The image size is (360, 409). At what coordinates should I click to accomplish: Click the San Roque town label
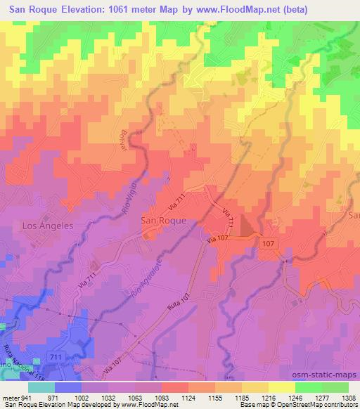click(164, 220)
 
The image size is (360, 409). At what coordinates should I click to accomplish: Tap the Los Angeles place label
click(48, 226)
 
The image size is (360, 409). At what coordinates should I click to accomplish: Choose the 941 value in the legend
click(25, 397)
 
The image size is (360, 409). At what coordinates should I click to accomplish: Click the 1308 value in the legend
click(347, 397)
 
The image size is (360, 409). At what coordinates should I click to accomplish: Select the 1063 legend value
click(134, 397)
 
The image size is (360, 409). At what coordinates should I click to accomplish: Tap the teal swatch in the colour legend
click(41, 387)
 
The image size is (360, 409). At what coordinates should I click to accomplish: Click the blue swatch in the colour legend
click(68, 387)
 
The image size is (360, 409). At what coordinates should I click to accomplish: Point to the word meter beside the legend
click(10, 397)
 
